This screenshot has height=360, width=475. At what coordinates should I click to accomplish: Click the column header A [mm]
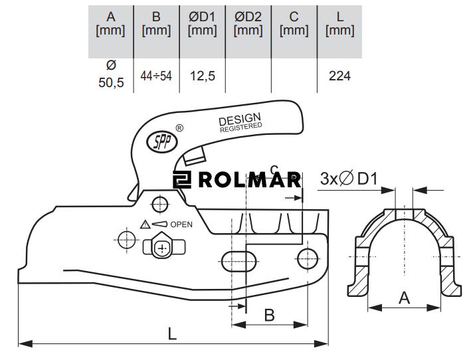point(111,23)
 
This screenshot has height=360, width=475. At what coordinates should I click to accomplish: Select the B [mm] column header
point(157,23)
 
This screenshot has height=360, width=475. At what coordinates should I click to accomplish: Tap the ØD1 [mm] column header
point(203,23)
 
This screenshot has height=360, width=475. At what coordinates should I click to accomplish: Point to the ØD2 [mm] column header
point(248,23)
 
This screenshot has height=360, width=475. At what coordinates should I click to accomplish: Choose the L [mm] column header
point(340,23)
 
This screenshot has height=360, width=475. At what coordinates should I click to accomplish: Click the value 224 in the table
point(340,76)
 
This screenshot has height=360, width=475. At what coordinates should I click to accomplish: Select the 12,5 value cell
point(203,76)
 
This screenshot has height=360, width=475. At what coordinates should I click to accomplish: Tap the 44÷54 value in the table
point(157,76)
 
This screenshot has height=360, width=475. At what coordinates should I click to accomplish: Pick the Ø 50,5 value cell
point(111,74)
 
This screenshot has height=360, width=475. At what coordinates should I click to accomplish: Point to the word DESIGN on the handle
point(239,120)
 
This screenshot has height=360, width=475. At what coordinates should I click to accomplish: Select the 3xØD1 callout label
point(348,178)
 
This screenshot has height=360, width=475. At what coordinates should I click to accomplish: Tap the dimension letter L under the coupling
point(172,333)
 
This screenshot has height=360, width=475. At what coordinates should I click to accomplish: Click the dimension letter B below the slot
point(269,314)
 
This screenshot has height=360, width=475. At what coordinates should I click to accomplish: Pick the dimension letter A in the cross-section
point(404,298)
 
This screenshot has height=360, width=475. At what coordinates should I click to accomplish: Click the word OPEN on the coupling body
point(181,225)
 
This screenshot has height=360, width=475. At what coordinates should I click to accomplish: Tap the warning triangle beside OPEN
point(145,225)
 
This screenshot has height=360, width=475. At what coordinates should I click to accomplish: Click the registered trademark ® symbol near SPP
point(179,128)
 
